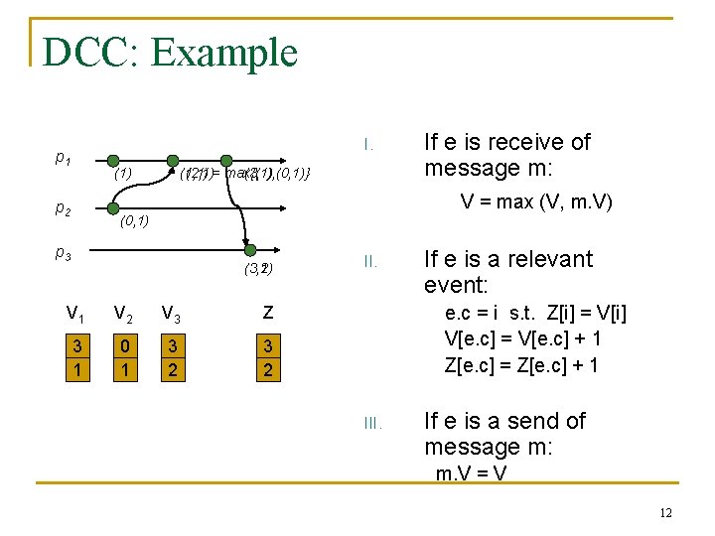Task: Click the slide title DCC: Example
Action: [170, 52]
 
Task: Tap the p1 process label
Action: [62, 157]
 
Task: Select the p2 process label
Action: [62, 208]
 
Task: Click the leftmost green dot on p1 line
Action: [113, 160]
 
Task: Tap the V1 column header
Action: [74, 315]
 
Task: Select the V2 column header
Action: [123, 315]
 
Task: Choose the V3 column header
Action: [171, 315]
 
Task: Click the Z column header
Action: [267, 314]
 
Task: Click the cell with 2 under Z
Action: [267, 371]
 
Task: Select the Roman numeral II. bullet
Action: [369, 262]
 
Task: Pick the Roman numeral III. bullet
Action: [371, 424]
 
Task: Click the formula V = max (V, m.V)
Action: [536, 203]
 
